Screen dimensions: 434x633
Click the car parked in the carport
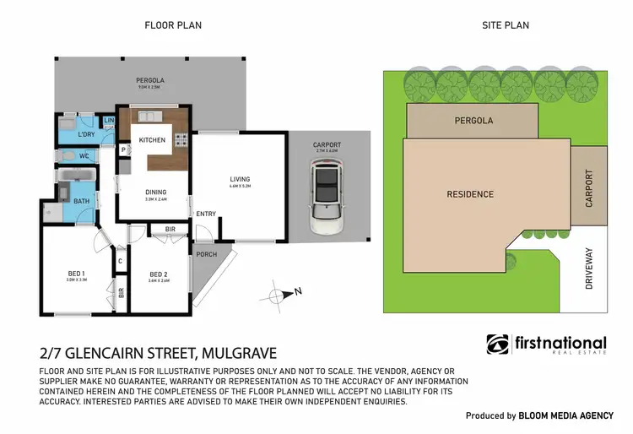click(326, 198)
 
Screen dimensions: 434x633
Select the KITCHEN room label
click(152, 140)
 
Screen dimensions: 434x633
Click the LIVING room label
click(241, 179)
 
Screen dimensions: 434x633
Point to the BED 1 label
click(77, 273)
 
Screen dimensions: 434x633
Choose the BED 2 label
click(159, 274)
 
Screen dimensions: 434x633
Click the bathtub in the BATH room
click(76, 179)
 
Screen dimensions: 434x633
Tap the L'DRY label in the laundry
click(85, 135)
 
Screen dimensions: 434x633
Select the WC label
click(84, 156)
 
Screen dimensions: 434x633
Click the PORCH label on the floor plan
click(206, 254)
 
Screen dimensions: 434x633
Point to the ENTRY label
click(205, 214)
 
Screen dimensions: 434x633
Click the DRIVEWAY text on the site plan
click(588, 269)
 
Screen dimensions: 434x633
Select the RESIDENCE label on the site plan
click(470, 194)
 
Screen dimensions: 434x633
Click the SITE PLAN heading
click(505, 25)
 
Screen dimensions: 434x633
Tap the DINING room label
click(154, 192)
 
